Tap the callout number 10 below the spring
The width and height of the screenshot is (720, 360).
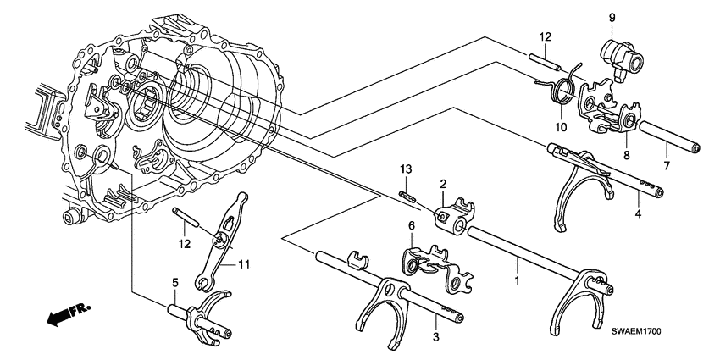[559, 128]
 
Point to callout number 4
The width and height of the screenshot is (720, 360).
[639, 215]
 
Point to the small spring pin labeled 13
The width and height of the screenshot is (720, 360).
[407, 197]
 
